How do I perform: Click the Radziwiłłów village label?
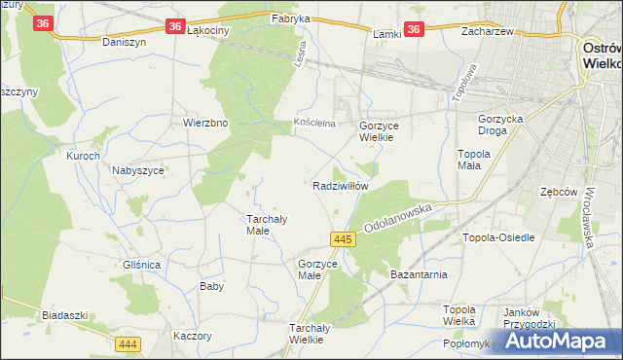pos(340,186)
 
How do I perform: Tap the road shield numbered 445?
pos(342,239)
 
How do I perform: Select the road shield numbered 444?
pos(128,344)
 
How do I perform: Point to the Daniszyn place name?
pos(123,43)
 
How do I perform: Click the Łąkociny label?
pos(206,30)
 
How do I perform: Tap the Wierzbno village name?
pos(205,124)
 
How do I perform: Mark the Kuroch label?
pos(83,156)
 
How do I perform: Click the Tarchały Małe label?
pos(264,225)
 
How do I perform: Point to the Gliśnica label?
pos(142,265)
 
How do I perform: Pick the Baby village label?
pos(211,286)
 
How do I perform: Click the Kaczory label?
pos(192,336)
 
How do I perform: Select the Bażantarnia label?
pos(420,274)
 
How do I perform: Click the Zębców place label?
pos(560,192)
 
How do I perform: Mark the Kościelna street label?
pos(315,123)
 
